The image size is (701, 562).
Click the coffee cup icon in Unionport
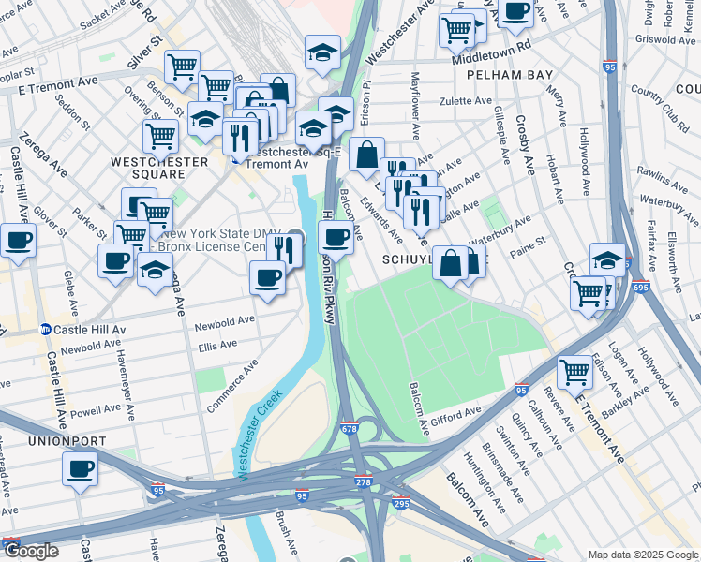click(80, 467)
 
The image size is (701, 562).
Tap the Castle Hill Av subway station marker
click(44, 330)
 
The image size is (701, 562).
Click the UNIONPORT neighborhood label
click(39, 440)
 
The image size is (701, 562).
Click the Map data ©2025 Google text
click(641, 555)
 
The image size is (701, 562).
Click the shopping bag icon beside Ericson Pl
click(367, 154)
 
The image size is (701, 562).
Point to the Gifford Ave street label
click(456, 413)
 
